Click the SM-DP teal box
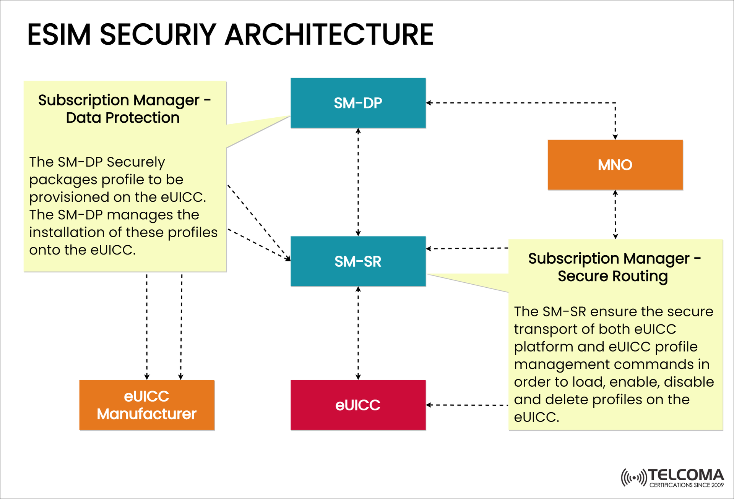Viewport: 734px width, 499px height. [358, 103]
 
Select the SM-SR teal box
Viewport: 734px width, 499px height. [358, 261]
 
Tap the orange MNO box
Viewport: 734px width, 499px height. [615, 165]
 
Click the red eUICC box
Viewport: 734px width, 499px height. [358, 405]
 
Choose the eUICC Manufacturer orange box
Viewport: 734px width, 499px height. [147, 405]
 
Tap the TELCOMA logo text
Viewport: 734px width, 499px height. [686, 475]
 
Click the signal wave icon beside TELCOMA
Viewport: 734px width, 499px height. [633, 478]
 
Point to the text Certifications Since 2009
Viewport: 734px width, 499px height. [686, 485]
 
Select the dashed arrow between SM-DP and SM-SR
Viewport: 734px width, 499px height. [358, 182]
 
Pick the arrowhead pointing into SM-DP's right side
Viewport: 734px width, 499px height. [429, 103]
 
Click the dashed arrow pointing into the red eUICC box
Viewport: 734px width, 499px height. [466, 405]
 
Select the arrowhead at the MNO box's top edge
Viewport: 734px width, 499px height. [615, 137]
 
